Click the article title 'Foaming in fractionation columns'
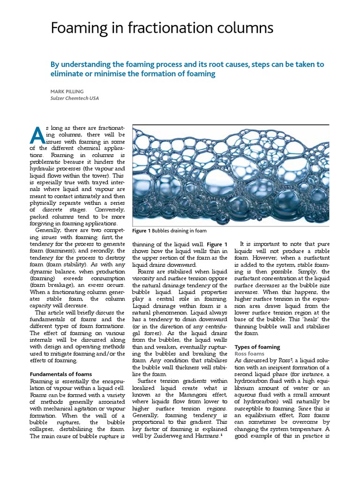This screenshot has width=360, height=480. pos(162,29)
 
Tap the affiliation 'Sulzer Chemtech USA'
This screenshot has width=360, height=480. pos(75,98)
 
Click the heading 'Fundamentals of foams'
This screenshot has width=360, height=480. pos(61,374)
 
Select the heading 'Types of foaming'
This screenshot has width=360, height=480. pos(257,347)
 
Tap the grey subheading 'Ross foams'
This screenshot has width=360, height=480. pos(249,353)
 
